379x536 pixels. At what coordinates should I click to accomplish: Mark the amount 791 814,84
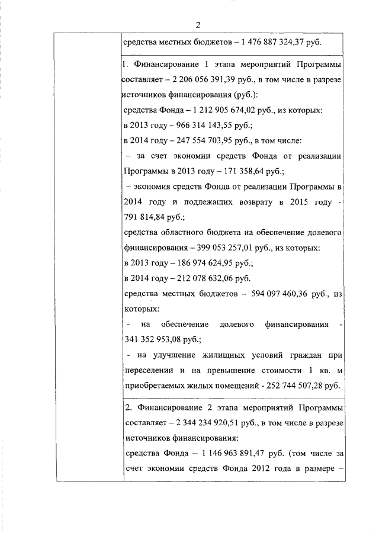point(147,217)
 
